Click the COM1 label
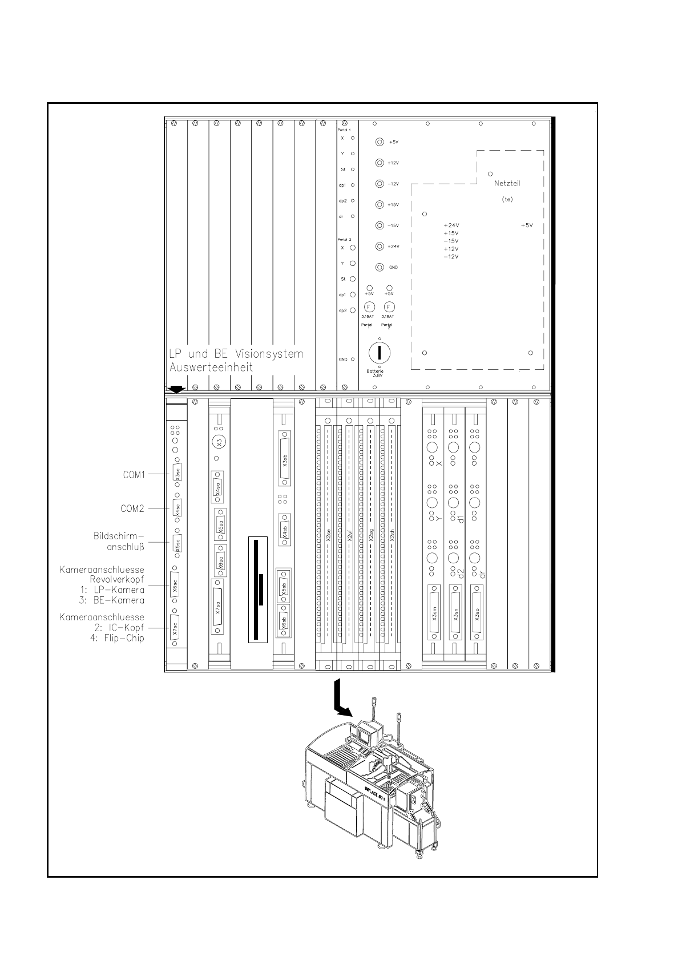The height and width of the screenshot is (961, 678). click(x=135, y=474)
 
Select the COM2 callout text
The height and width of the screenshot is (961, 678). click(x=132, y=508)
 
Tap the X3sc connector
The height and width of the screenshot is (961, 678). click(x=176, y=473)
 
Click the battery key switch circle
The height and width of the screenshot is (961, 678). click(x=379, y=353)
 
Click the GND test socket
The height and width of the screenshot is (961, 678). click(x=380, y=267)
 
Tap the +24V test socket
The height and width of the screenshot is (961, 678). click(x=380, y=246)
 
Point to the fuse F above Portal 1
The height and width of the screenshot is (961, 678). click(x=369, y=307)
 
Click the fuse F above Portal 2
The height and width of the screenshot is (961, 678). click(x=390, y=307)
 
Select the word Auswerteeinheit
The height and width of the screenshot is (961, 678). click(x=211, y=368)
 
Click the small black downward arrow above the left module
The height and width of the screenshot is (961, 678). click(x=177, y=389)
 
